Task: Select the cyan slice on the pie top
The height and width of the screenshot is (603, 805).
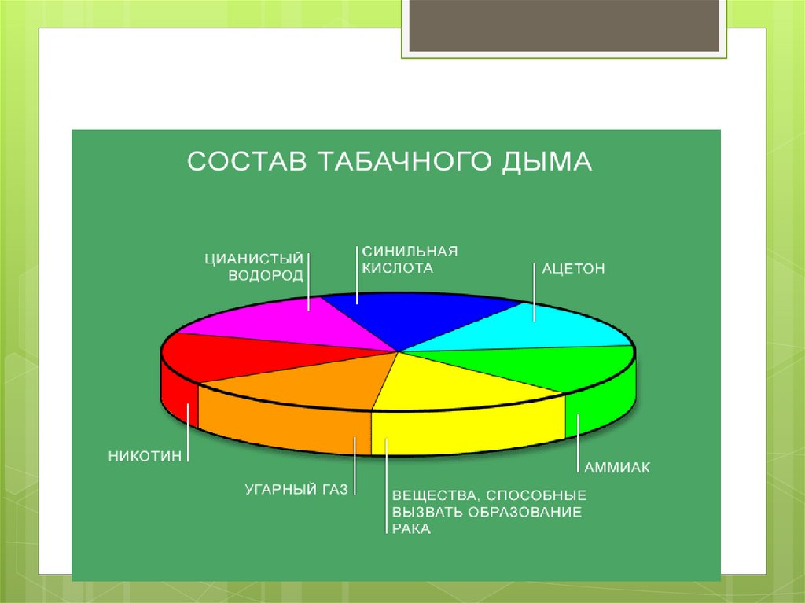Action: tap(535, 330)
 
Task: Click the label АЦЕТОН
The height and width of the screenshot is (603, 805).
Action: tap(573, 269)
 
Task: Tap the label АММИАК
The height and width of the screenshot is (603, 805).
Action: tap(617, 468)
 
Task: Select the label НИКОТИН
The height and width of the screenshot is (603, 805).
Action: tap(145, 455)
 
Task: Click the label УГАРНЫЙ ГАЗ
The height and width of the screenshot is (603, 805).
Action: tap(296, 490)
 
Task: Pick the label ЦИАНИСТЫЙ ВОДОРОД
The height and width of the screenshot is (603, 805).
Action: tap(254, 267)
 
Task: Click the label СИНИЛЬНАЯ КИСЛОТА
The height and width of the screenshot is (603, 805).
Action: tap(409, 259)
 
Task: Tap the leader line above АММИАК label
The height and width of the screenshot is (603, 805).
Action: tap(578, 440)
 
